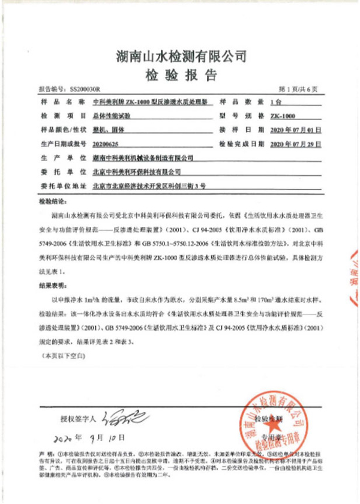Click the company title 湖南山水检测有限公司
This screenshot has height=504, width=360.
click(x=181, y=56)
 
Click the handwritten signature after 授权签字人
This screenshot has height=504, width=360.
click(x=119, y=415)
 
